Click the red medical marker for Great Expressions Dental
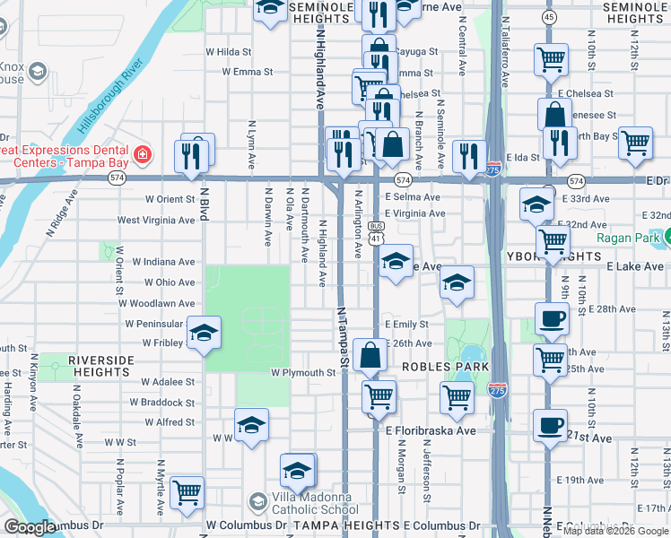pos(142,155)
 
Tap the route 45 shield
pos(550,17)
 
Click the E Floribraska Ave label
pos(431,430)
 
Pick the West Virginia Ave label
pos(156,220)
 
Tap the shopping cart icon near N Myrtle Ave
pos(187,491)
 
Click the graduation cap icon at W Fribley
pos(204,334)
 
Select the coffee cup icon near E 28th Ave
pos(551,318)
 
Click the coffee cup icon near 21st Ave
pos(550,425)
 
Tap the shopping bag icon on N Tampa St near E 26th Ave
pos(370,355)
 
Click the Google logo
pos(30,527)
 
